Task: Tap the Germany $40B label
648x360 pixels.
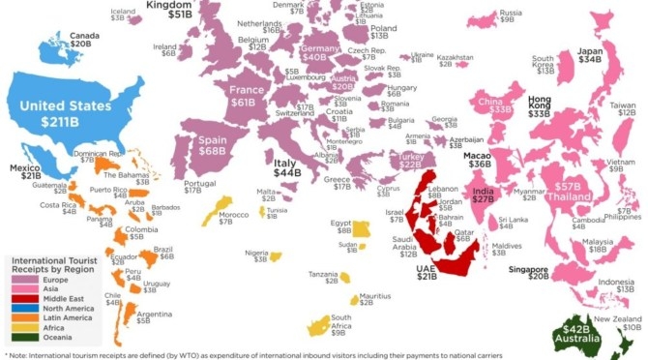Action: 314,52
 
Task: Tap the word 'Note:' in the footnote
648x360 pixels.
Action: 22,353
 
